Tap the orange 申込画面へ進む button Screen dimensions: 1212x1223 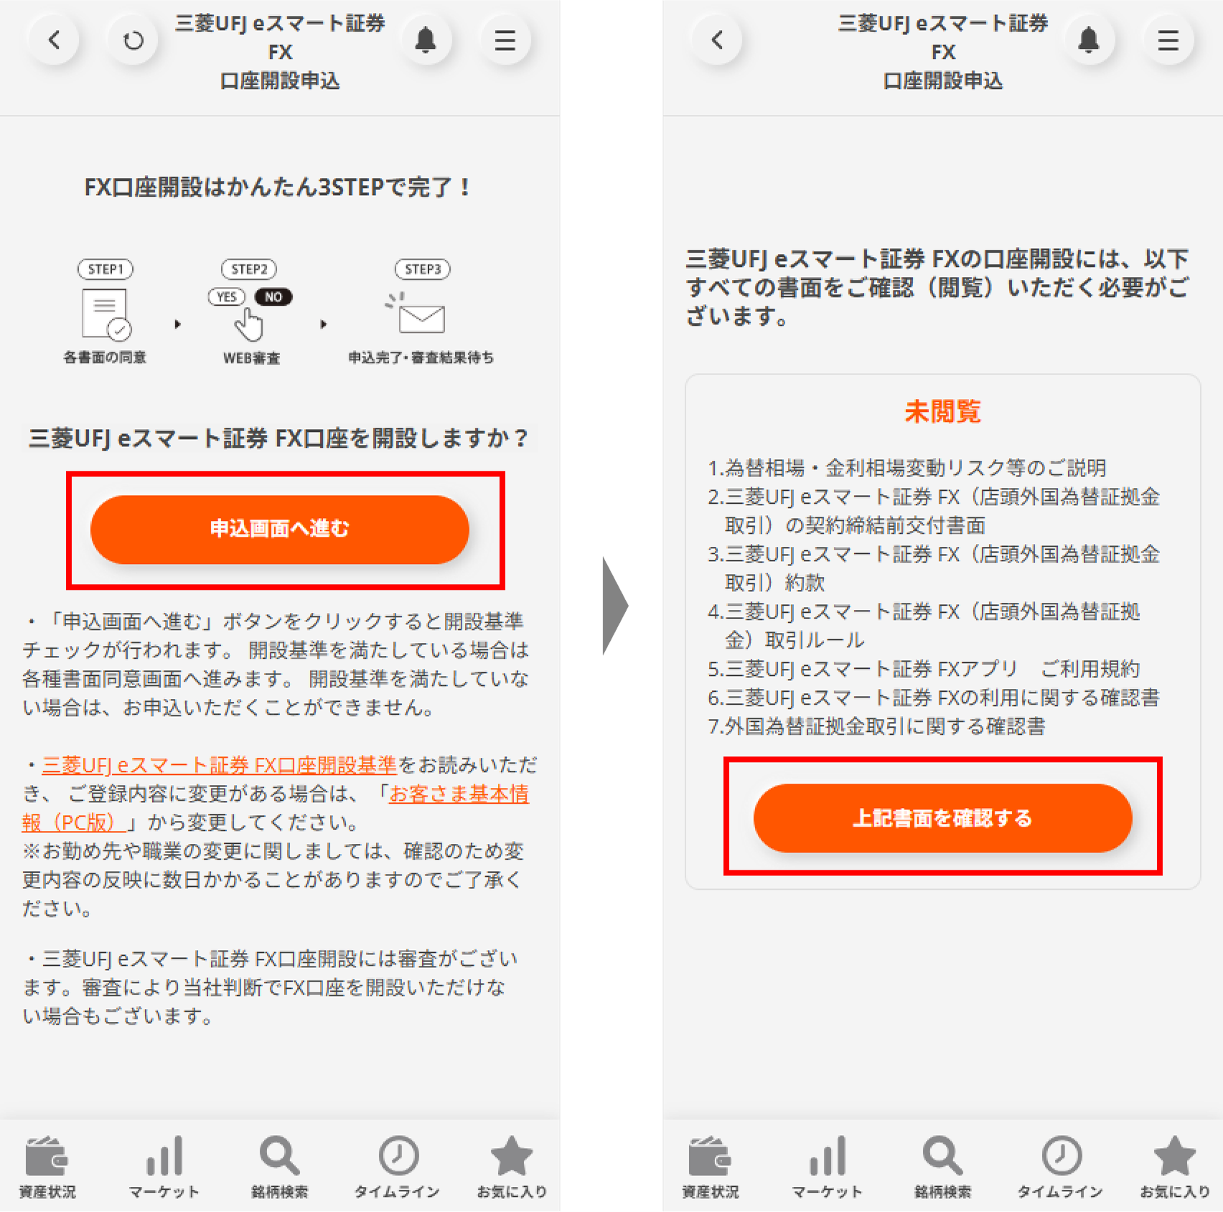279,529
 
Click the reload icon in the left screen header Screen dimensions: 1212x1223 133,40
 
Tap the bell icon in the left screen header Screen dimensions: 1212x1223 426,40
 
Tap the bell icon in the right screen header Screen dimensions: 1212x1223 1089,40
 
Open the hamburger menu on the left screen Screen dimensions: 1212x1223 505,40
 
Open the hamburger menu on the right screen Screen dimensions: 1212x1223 1168,40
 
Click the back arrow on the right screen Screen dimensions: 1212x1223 717,40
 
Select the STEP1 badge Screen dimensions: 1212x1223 106,269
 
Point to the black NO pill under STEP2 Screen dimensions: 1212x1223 273,297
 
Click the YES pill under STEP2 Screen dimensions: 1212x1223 227,297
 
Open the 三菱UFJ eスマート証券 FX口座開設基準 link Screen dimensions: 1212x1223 219,765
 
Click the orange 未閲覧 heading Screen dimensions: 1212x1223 942,412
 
